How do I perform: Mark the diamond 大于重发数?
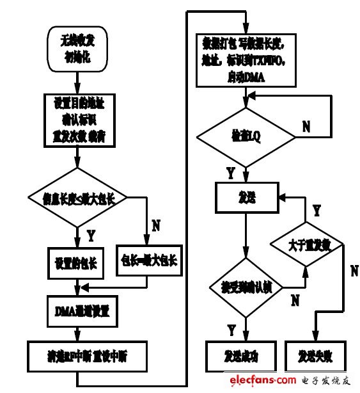pos(307,245)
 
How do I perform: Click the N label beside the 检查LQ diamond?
pos(306,127)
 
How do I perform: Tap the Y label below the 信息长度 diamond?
pos(91,236)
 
